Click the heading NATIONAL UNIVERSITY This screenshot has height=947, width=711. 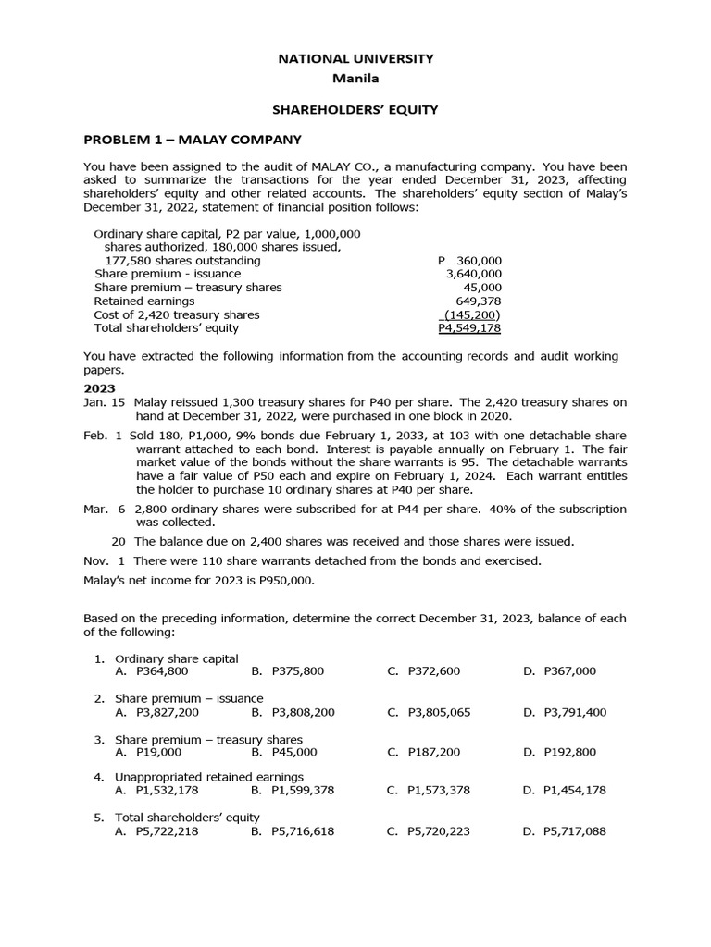[355, 58]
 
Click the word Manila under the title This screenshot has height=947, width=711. [355, 78]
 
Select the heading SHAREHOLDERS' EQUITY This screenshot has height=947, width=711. [355, 110]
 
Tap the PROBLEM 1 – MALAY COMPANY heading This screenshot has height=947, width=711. [193, 140]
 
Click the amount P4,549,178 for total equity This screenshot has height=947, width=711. [469, 328]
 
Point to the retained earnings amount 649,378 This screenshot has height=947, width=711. [479, 301]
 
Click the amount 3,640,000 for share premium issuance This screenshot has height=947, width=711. [473, 274]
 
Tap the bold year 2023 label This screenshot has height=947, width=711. [99, 388]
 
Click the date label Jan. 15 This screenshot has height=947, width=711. [105, 402]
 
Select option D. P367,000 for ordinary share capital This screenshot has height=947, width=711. [559, 671]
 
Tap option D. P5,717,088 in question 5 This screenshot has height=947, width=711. [565, 831]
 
